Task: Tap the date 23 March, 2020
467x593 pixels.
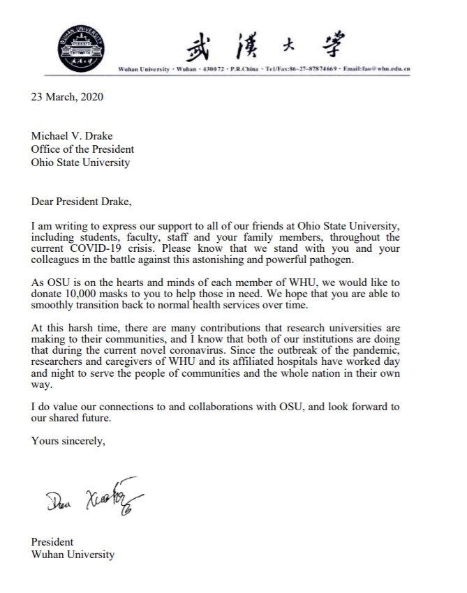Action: tap(66, 97)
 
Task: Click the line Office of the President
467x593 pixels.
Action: tap(82, 149)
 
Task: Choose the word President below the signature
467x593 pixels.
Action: tap(52, 542)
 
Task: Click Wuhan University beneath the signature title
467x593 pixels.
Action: tap(73, 555)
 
